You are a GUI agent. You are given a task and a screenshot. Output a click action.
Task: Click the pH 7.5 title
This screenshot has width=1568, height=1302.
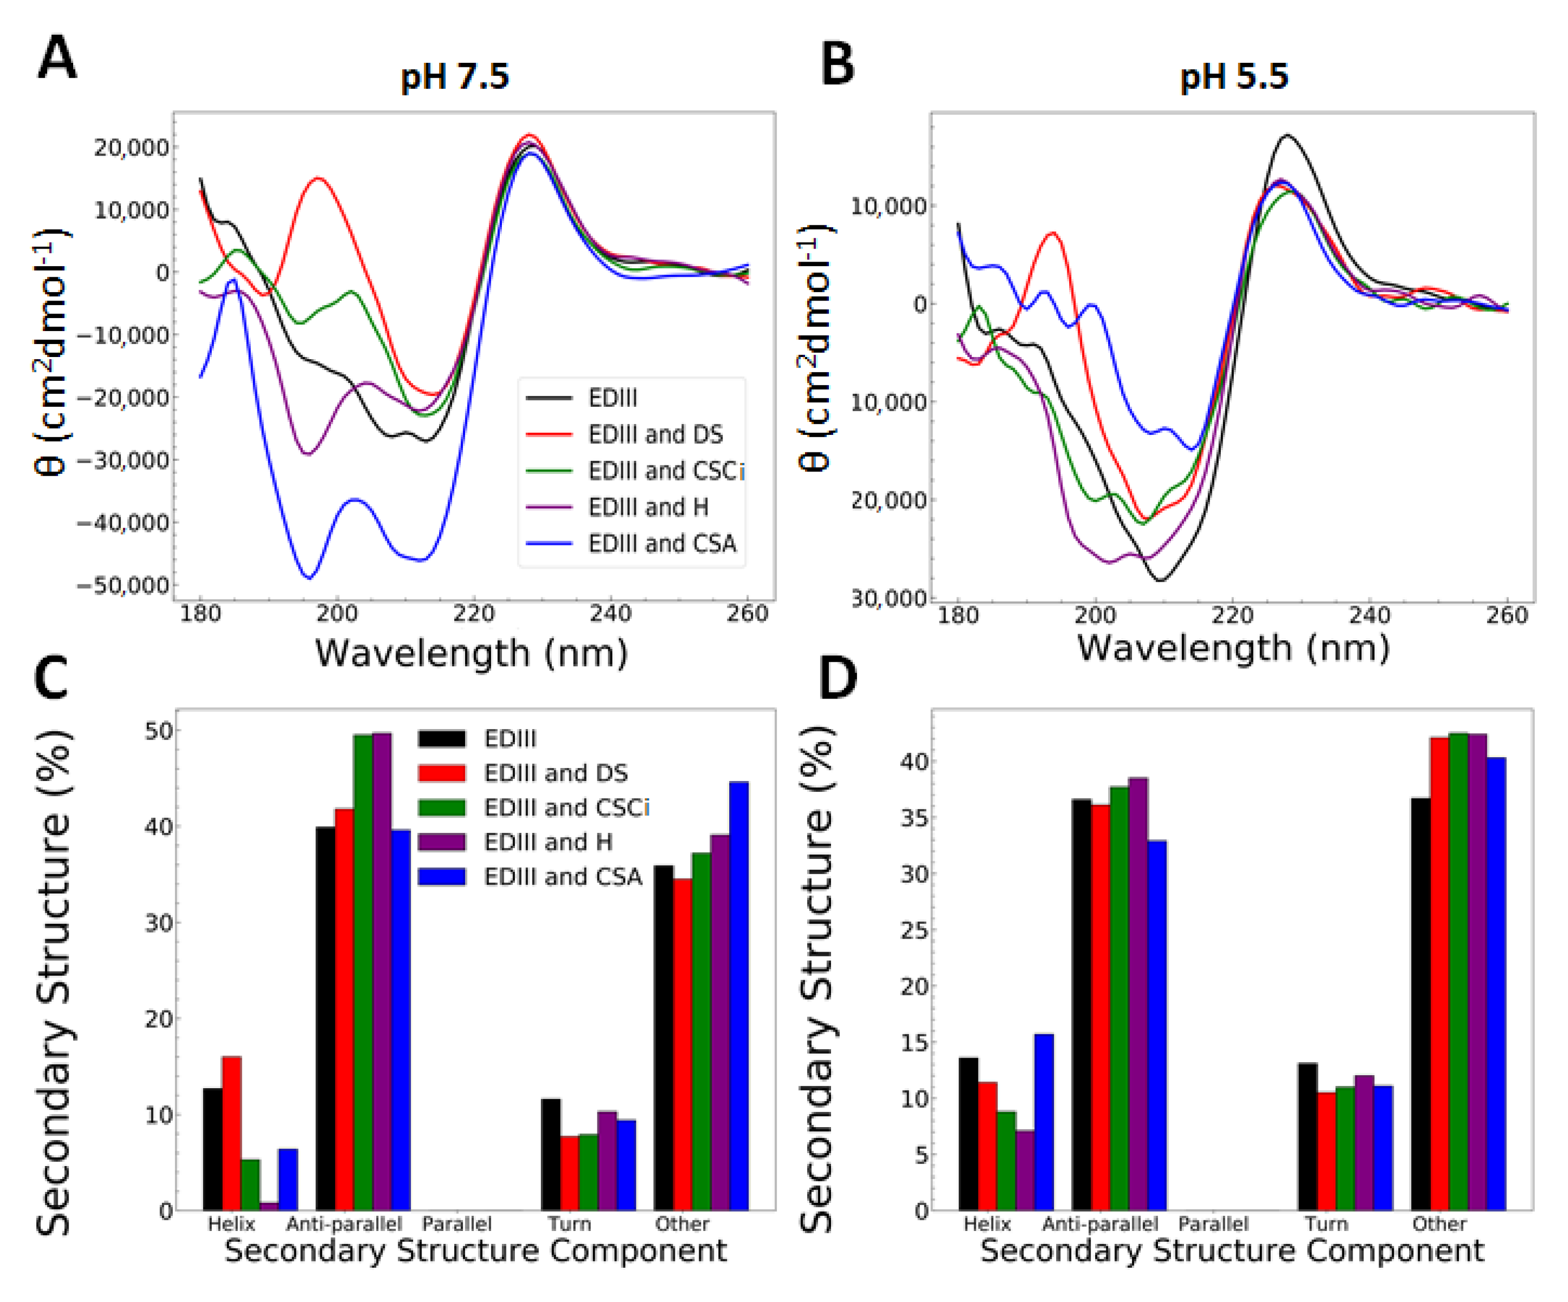tap(455, 76)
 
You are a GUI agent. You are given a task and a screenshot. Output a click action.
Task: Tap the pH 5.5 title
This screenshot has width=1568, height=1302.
tap(1234, 76)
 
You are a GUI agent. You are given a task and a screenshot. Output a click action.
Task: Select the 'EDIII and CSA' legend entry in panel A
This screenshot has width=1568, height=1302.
tap(662, 543)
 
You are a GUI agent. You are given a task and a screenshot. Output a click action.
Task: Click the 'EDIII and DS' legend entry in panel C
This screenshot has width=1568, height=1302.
tap(555, 773)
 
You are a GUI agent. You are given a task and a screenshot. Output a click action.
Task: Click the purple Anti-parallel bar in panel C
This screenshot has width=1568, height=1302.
tap(381, 970)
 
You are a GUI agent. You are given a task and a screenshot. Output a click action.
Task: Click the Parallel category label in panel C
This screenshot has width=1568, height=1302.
tap(456, 1224)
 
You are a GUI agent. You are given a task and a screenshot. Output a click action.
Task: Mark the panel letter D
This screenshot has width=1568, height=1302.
tap(838, 677)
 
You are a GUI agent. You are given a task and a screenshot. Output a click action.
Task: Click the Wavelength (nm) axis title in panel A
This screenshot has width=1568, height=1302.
tap(471, 653)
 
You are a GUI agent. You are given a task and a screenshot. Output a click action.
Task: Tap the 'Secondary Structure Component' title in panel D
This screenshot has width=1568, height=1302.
tap(1232, 1251)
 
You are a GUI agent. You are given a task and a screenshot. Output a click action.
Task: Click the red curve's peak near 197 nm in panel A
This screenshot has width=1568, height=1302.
tap(319, 179)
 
